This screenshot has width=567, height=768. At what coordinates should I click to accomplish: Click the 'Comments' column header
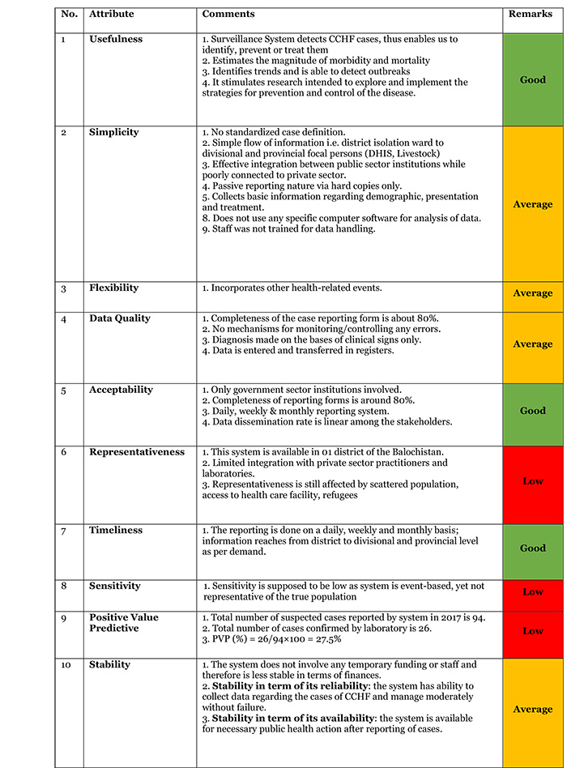coord(228,15)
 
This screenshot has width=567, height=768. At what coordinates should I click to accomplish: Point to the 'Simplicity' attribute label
coord(113,132)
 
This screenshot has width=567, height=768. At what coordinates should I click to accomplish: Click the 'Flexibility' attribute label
coord(113,288)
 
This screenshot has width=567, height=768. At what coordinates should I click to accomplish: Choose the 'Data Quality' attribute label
coord(119,318)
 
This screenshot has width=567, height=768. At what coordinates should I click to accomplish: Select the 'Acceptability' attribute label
coord(121,390)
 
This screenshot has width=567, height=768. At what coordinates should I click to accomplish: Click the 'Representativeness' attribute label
coord(136,452)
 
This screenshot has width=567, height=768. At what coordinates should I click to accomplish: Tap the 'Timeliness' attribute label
coord(116,530)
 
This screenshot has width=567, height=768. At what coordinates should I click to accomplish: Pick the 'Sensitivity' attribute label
coord(115,586)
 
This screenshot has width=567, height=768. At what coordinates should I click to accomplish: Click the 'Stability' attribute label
coord(109,665)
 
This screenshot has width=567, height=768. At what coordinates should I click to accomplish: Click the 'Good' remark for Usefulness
coord(532,79)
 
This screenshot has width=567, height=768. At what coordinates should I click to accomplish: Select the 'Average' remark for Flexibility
coord(532,293)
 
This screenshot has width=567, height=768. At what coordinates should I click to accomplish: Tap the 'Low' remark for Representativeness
coord(532,480)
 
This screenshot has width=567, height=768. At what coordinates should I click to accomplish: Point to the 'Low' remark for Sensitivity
coord(532,592)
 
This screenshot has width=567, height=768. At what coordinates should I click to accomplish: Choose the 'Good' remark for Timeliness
coord(532,548)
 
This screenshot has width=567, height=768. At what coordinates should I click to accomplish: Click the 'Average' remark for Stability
coord(532,709)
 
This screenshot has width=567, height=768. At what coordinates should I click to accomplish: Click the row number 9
coord(64,617)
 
